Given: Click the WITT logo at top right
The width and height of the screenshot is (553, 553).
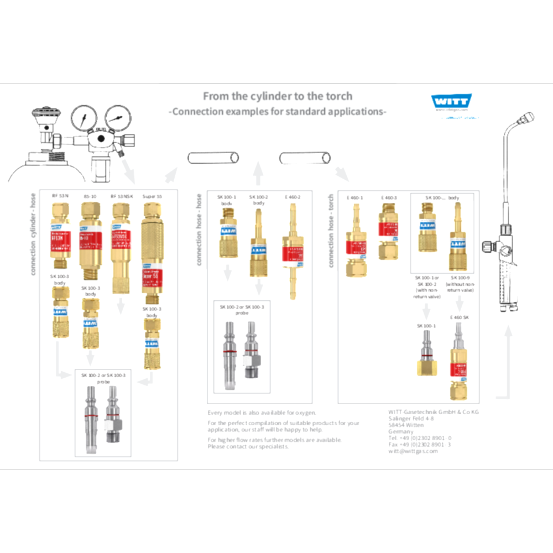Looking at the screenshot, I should click(x=451, y=101).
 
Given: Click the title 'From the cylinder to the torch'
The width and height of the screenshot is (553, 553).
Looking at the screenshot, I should click(x=277, y=96).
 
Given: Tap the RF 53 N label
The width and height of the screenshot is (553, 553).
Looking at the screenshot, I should click(x=60, y=196).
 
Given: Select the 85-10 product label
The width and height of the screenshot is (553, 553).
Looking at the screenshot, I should click(x=91, y=196).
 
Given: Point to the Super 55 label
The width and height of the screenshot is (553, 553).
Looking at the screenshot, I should click(x=152, y=196).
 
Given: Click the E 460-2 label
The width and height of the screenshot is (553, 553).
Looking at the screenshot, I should click(x=293, y=197).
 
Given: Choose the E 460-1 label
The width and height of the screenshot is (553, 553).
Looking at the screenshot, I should click(x=354, y=197).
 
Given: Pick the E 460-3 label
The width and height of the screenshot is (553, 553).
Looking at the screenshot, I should click(x=389, y=197).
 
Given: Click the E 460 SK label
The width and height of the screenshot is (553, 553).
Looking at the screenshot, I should click(x=459, y=317).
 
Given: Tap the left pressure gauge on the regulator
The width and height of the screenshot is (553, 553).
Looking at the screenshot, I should click(x=84, y=118).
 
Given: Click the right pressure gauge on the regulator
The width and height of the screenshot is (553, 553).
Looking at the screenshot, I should click(x=117, y=118).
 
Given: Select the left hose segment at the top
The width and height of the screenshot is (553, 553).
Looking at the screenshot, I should click(x=213, y=158).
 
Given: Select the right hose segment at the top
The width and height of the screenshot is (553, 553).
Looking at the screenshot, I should click(x=305, y=158).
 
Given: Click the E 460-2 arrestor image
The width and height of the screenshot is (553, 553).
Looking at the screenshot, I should click(x=293, y=252).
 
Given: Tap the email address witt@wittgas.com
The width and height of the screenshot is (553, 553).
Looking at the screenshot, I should click(x=413, y=451).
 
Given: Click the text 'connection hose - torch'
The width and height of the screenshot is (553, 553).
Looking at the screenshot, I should click(x=331, y=231).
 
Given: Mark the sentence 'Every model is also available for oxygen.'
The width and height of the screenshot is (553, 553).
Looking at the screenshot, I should click(x=262, y=413).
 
